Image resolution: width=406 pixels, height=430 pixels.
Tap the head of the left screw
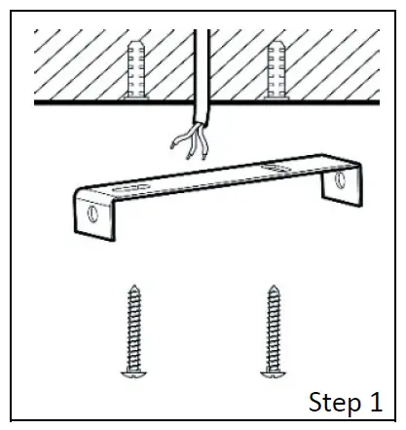(129, 371)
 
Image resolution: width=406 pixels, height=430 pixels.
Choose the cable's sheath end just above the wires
(201, 124)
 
